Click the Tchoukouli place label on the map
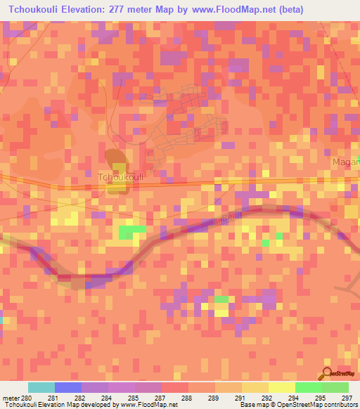120,178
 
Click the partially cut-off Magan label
345,162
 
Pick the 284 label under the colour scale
105,398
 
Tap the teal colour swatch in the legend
41,387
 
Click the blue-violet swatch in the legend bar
68,387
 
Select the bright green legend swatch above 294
308,387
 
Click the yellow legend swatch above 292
281,387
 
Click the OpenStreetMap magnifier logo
328,374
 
